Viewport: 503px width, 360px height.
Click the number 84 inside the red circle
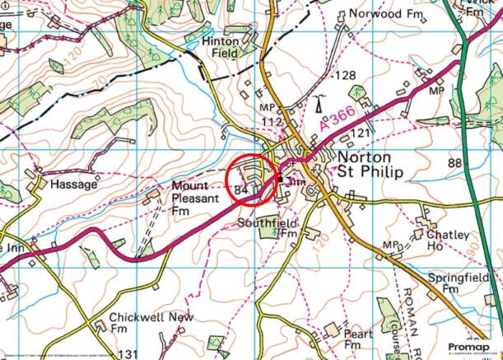241,189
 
